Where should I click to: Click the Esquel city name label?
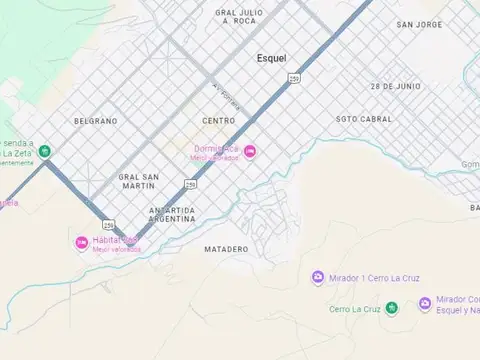point(271,58)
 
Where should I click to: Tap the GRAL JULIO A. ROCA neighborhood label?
point(239,16)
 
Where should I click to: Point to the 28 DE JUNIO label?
point(394,87)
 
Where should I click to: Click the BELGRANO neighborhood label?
point(95,121)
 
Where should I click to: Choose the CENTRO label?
point(218,120)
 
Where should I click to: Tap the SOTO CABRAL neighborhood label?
point(364,118)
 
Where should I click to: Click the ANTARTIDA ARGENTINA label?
point(171,214)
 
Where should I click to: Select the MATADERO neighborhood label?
point(225,248)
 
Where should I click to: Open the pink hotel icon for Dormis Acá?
point(250,151)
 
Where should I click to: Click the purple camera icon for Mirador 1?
point(318,277)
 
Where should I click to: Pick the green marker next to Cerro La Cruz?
point(391,308)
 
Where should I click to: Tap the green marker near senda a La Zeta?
point(45,152)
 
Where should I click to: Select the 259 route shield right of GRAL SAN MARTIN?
point(190,184)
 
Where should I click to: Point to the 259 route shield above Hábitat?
point(108,224)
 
